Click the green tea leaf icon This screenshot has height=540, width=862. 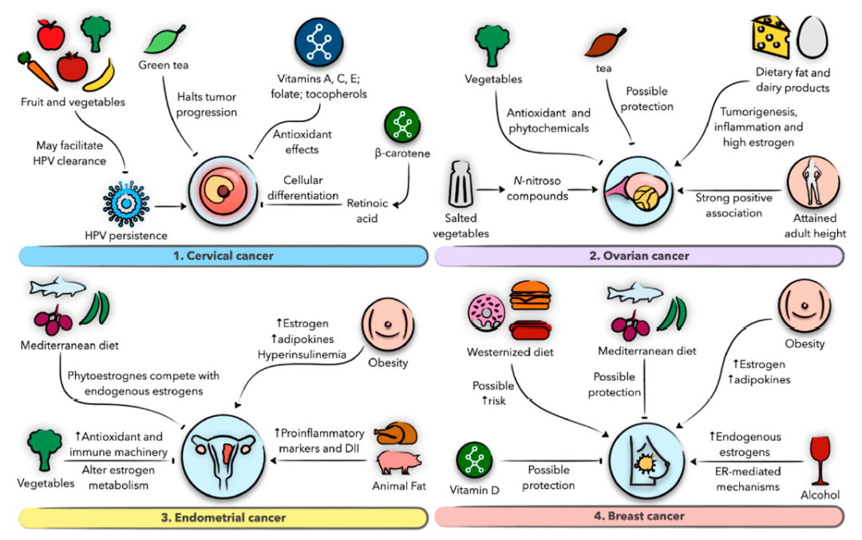pyautogui.click(x=168, y=39)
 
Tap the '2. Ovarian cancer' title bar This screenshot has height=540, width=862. pyautogui.click(x=639, y=256)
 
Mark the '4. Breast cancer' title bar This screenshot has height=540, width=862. pyautogui.click(x=639, y=516)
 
